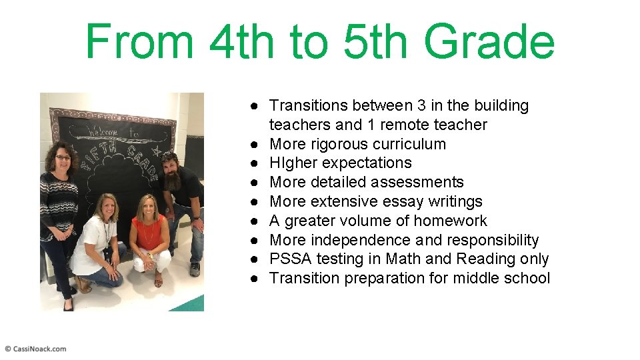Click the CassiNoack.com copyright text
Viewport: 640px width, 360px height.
tap(36, 349)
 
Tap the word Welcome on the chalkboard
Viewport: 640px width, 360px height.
tap(101, 132)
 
